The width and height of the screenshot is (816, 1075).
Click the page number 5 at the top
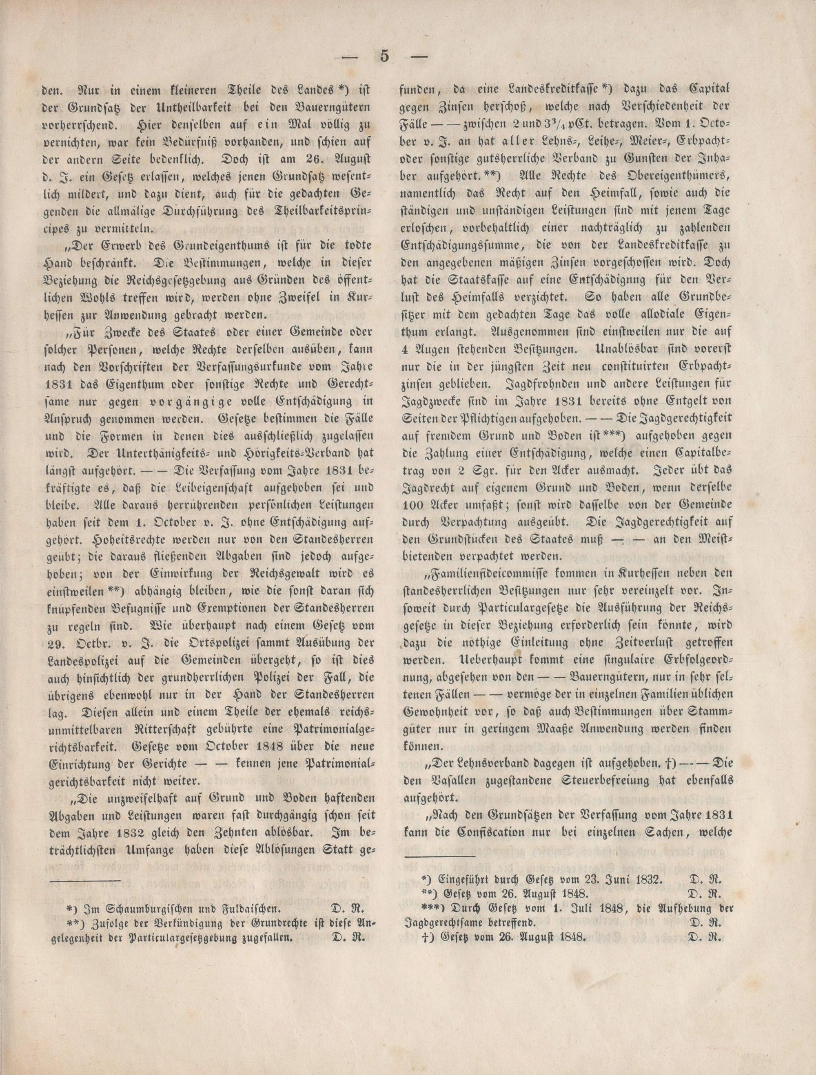pos(384,56)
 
